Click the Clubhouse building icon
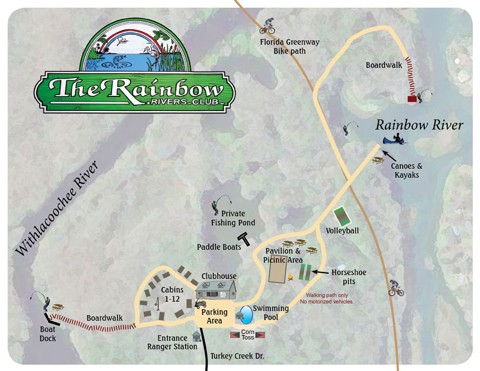click(215, 292)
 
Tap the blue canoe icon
click(396, 141)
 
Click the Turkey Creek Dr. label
click(238, 357)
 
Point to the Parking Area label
click(214, 316)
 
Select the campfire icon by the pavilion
click(292, 277)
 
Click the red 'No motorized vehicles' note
click(331, 298)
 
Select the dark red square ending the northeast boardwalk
click(412, 99)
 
